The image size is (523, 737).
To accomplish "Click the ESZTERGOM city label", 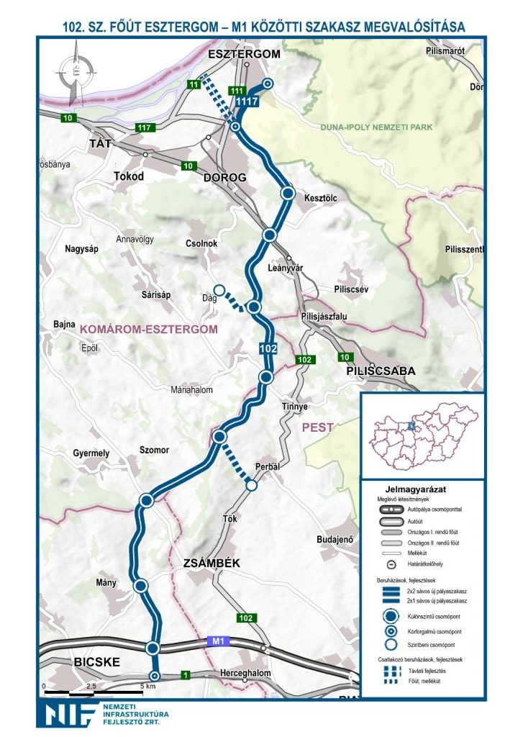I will pos(243,55).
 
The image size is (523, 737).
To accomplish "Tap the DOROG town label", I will pos(224,177).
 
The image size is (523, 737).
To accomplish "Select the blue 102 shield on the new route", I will pos(268,349).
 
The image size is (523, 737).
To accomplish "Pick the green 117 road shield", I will pos(145,127).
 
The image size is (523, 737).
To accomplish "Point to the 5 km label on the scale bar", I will pos(148,686).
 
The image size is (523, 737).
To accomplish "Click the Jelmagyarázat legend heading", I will pos(421,488).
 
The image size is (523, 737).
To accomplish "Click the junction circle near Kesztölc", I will pos(288,194).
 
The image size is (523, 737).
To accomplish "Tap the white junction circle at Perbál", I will pos(251,486).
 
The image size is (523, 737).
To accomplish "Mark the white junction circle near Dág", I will pos(220,291).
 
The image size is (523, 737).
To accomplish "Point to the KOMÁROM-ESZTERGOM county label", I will pos(149,329).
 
